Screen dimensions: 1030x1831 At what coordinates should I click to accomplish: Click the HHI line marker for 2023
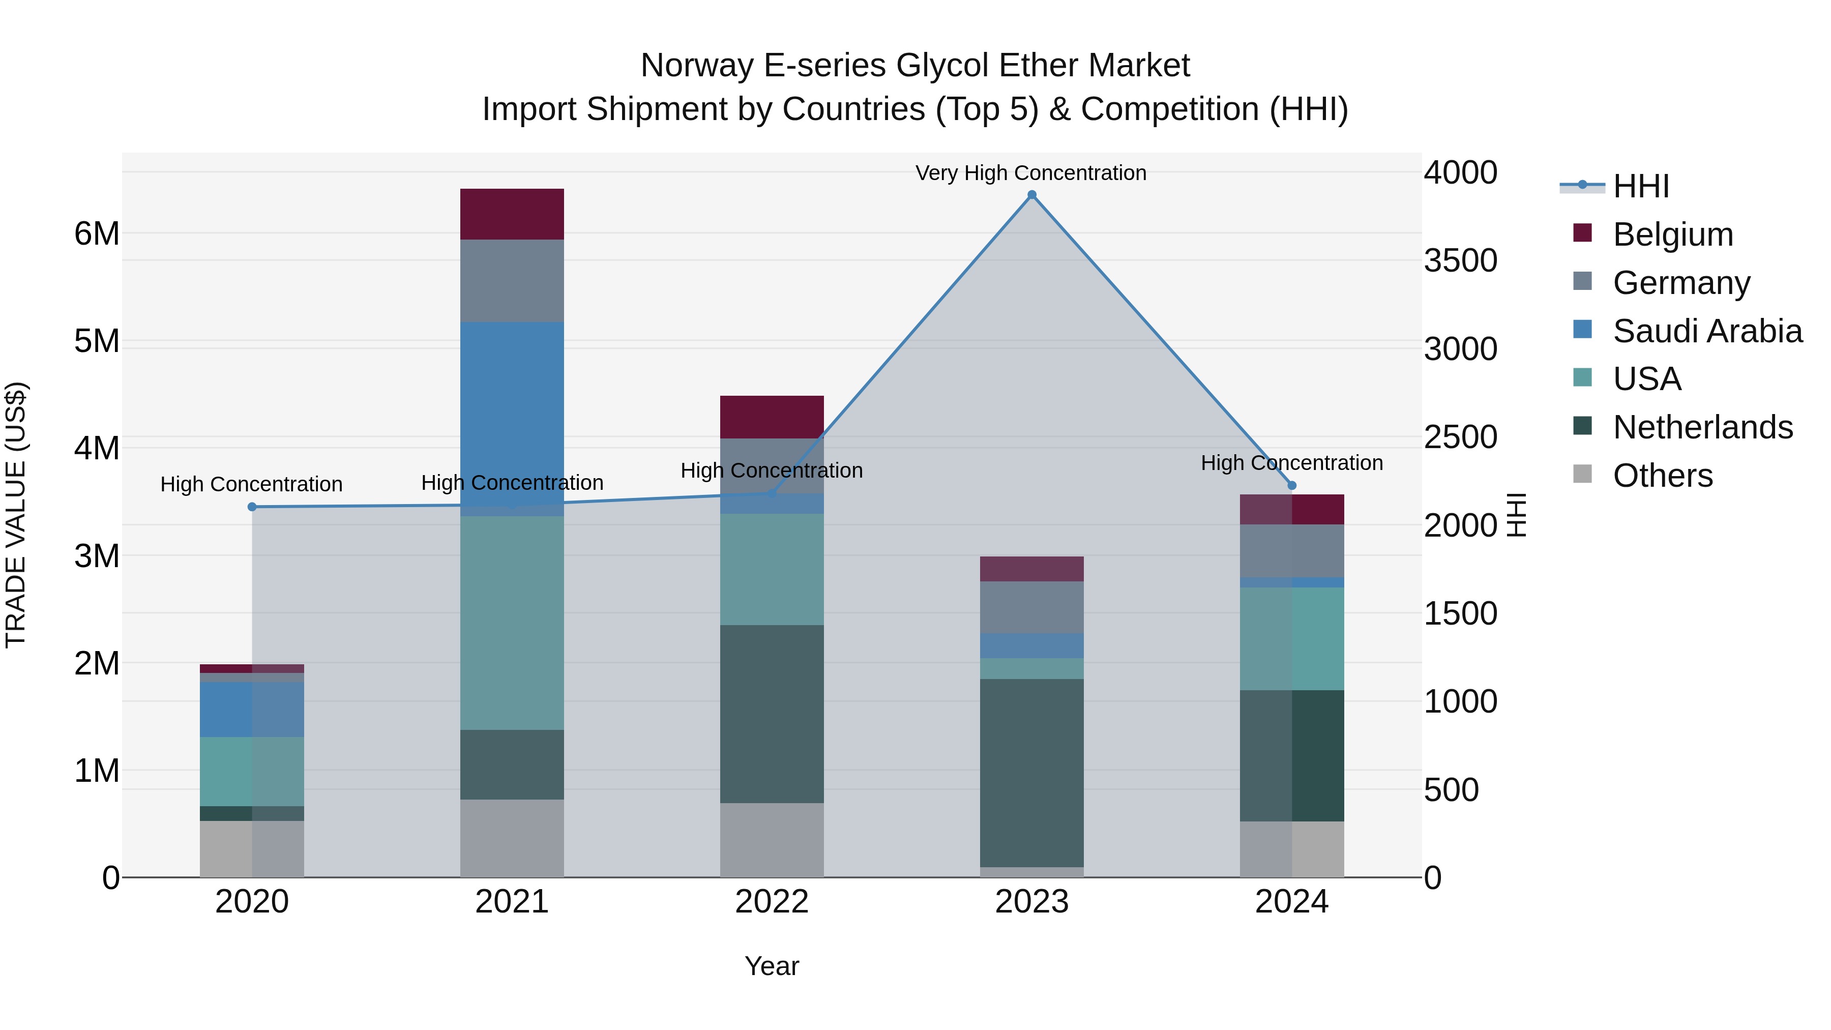point(1032,195)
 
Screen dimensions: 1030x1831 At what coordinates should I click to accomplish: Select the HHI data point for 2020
point(252,507)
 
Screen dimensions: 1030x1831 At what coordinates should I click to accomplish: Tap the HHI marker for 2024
point(1292,486)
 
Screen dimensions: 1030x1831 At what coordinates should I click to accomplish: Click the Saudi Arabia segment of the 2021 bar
point(512,413)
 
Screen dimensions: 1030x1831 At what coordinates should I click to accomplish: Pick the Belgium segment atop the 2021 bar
point(512,214)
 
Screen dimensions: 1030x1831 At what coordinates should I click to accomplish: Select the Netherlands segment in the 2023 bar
point(1032,773)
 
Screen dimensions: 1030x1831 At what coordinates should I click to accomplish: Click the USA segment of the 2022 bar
point(772,569)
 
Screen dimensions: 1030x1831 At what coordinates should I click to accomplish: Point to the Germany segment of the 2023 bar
point(1032,607)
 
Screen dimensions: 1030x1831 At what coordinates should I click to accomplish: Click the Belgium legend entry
point(1672,234)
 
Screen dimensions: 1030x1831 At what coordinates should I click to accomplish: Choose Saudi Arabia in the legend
point(1707,331)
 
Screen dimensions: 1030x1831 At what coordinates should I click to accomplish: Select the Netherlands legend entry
point(1702,427)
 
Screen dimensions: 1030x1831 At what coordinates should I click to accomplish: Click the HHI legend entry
point(1640,186)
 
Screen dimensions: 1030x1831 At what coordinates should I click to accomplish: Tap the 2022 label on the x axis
point(772,902)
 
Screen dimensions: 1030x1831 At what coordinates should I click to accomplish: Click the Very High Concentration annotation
point(1030,173)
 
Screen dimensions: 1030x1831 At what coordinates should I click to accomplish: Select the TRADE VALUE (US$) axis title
point(16,515)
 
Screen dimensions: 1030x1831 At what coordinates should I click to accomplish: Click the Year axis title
point(772,966)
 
